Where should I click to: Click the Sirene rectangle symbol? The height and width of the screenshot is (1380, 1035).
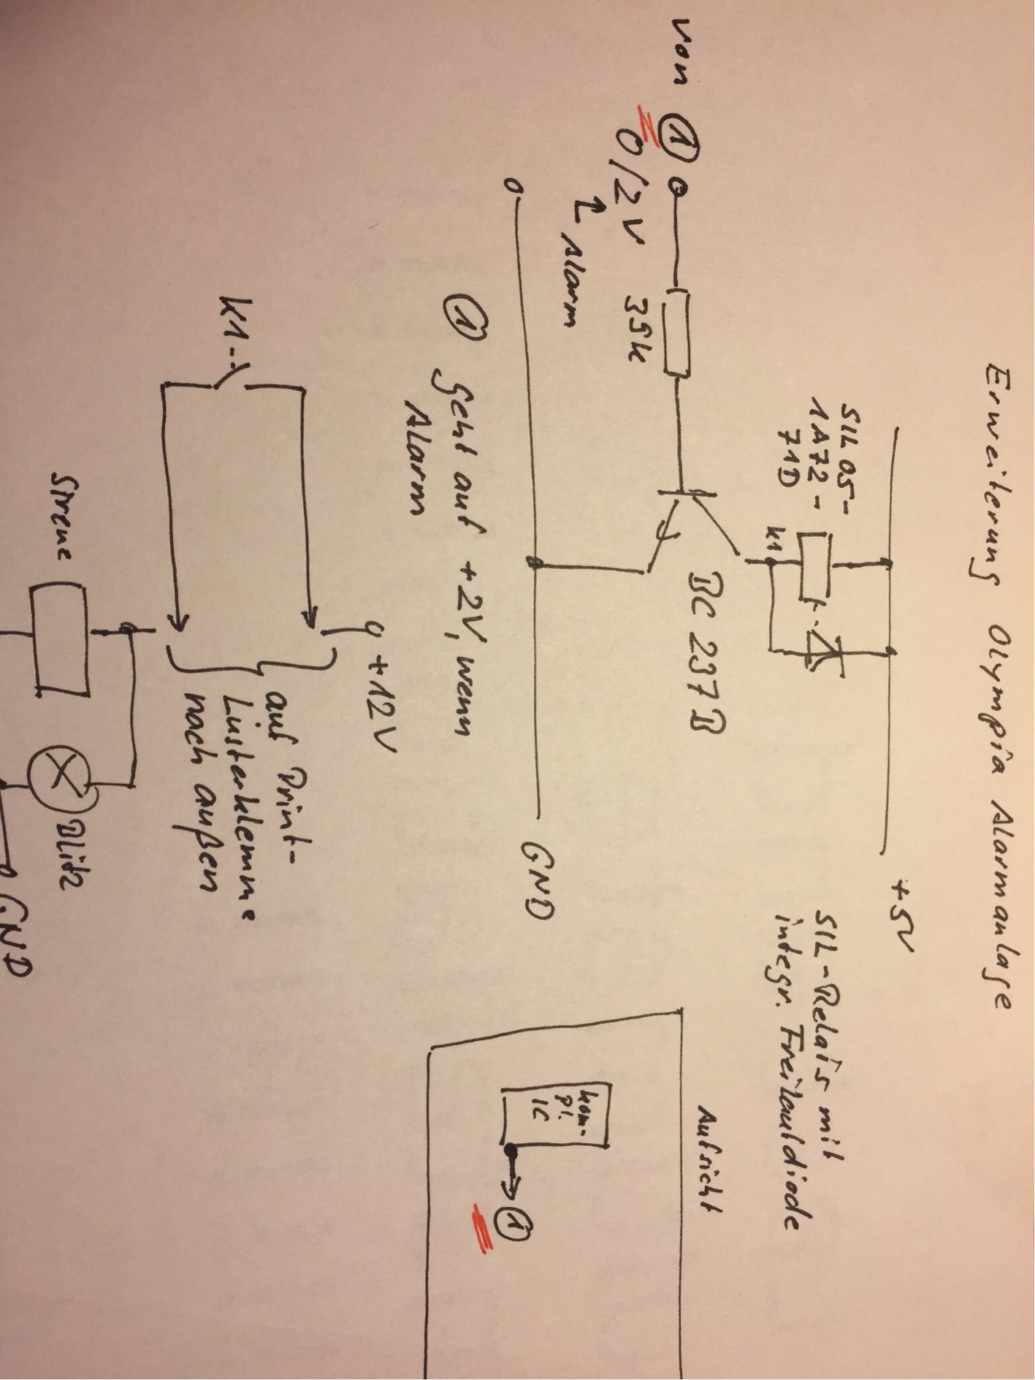(59, 635)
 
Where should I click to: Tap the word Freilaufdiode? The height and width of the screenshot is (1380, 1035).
(794, 1096)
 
